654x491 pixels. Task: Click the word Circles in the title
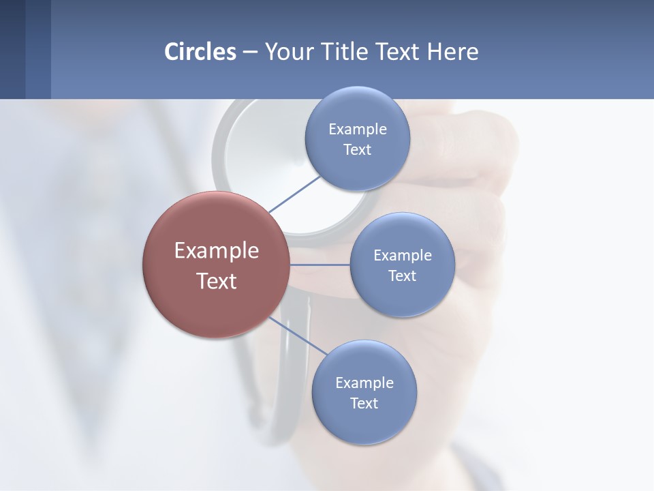coord(200,52)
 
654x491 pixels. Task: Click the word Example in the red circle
coord(216,251)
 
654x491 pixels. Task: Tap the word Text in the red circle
coord(216,281)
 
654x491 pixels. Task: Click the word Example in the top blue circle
coord(357,130)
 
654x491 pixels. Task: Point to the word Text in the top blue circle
coord(357,150)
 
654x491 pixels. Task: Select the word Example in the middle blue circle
coord(402,256)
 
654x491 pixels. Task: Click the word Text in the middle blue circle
coord(402,276)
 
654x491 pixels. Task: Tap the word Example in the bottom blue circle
coord(364,383)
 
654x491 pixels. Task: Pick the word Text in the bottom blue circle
coord(364,404)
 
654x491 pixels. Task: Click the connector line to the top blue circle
coord(294,194)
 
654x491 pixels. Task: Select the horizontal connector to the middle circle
coord(320,265)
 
